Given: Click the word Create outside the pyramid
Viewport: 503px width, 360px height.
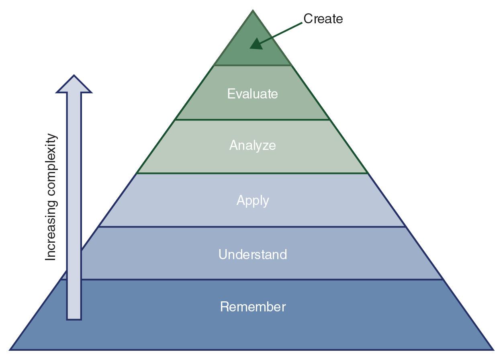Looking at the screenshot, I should pyautogui.click(x=323, y=19).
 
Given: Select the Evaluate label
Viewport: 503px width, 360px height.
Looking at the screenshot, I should pyautogui.click(x=252, y=94).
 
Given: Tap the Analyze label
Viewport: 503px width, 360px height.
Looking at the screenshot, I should pyautogui.click(x=252, y=145).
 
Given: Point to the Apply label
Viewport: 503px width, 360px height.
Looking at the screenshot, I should pyautogui.click(x=252, y=200).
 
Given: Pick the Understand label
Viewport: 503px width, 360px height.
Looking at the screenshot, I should pyautogui.click(x=252, y=254).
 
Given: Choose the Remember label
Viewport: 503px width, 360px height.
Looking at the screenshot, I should pyautogui.click(x=253, y=307).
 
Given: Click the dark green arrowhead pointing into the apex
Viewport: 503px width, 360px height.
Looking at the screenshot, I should pyautogui.click(x=256, y=43).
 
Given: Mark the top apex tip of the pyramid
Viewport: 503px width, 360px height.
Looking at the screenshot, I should pyautogui.click(x=253, y=11).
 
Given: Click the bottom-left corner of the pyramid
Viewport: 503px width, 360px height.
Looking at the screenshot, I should pyautogui.click(x=10, y=349).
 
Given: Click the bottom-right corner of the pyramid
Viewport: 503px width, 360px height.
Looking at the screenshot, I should pyautogui.click(x=493, y=349).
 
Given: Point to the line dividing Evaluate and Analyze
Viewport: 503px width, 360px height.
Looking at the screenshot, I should pyautogui.click(x=252, y=119).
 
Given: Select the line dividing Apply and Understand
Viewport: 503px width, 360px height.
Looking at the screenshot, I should pyautogui.click(x=252, y=227).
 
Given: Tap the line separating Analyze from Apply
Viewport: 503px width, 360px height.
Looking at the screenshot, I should pyautogui.click(x=252, y=173).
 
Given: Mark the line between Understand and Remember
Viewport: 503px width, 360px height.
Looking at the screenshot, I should pyautogui.click(x=252, y=279).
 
